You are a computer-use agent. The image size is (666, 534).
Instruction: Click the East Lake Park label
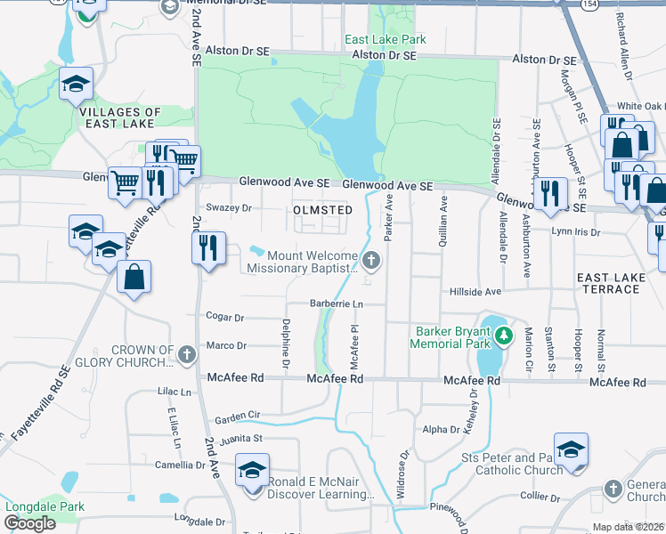[386, 39]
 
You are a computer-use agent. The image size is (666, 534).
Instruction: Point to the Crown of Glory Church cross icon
[186, 354]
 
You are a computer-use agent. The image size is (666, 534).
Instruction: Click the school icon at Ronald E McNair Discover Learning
[252, 469]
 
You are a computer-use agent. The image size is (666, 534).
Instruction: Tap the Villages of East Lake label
[120, 118]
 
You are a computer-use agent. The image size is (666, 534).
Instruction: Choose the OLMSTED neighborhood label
[323, 210]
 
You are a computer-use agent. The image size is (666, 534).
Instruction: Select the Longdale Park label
[45, 507]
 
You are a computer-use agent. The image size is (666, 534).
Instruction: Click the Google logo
[29, 523]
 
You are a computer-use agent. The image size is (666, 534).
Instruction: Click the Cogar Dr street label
[224, 317]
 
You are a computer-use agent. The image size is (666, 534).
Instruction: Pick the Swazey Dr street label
[230, 208]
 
